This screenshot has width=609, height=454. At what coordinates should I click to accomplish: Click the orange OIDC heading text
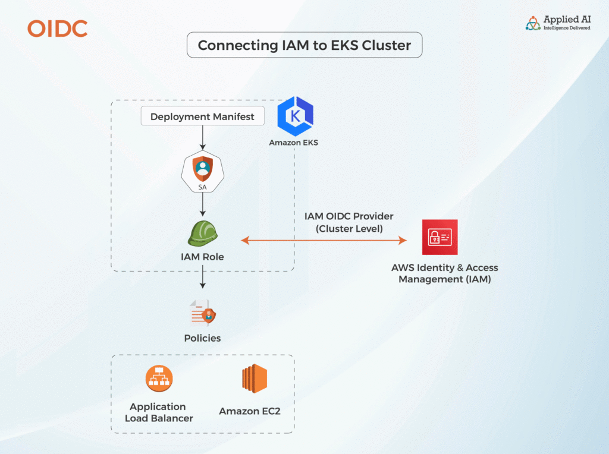point(58,29)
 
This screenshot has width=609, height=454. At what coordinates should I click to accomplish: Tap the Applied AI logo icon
point(533,23)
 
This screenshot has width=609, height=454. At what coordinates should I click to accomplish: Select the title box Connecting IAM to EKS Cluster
point(304,45)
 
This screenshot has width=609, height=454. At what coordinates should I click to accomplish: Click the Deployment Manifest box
point(202,116)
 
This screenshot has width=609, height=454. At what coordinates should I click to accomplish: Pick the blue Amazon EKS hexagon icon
point(296,116)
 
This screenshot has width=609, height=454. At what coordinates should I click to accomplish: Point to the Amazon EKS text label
point(293,143)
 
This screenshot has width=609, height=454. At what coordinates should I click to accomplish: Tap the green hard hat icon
point(202,234)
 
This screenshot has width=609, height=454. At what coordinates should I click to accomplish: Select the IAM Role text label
point(202,257)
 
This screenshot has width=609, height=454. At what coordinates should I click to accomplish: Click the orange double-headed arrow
point(324,240)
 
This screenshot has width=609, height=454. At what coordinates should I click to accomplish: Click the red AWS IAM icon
point(440,237)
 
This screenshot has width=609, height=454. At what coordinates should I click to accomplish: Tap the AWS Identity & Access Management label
point(444,273)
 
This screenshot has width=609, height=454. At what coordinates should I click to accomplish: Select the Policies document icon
point(202,313)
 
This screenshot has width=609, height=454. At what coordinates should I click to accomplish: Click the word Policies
point(202,338)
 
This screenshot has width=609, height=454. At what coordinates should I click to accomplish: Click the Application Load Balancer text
point(159,412)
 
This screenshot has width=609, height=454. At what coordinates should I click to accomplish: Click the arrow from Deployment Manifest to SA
point(202,137)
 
